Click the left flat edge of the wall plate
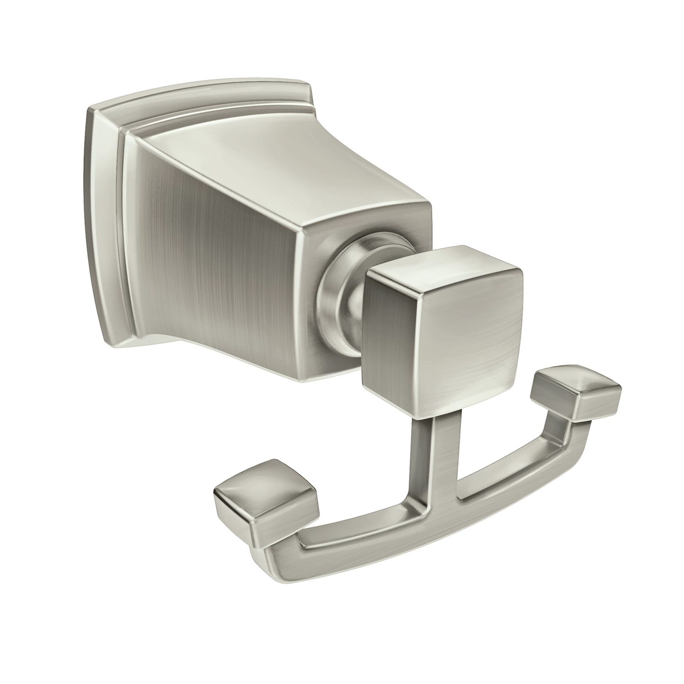tap(95, 222)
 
